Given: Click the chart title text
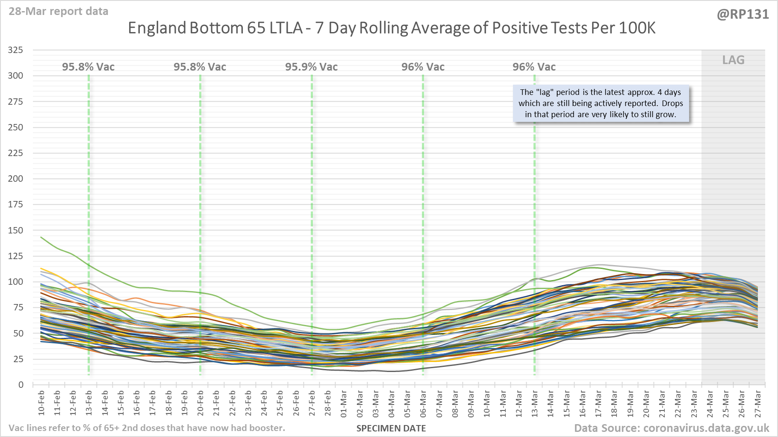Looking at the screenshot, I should [x=392, y=28].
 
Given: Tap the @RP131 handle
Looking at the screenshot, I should [x=743, y=15].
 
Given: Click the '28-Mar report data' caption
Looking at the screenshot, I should [x=59, y=11].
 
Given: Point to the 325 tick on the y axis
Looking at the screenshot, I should [x=15, y=50].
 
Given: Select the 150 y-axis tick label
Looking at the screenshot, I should [x=15, y=230].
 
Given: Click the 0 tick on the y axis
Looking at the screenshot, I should [x=21, y=384].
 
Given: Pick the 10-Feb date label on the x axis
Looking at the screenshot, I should [x=41, y=403].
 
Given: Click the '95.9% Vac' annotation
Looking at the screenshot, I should [x=311, y=67].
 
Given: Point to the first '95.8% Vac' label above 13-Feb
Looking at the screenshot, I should [x=88, y=67].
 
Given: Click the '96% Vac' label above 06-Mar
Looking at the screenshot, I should [x=423, y=67].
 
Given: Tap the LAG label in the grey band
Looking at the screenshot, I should [x=733, y=60].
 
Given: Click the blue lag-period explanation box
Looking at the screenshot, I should [x=601, y=103].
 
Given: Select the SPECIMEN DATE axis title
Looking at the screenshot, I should [x=391, y=428].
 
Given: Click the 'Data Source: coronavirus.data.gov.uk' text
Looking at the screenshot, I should [x=671, y=428].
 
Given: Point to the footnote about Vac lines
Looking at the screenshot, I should [x=147, y=428].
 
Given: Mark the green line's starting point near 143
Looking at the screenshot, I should [x=41, y=237].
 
